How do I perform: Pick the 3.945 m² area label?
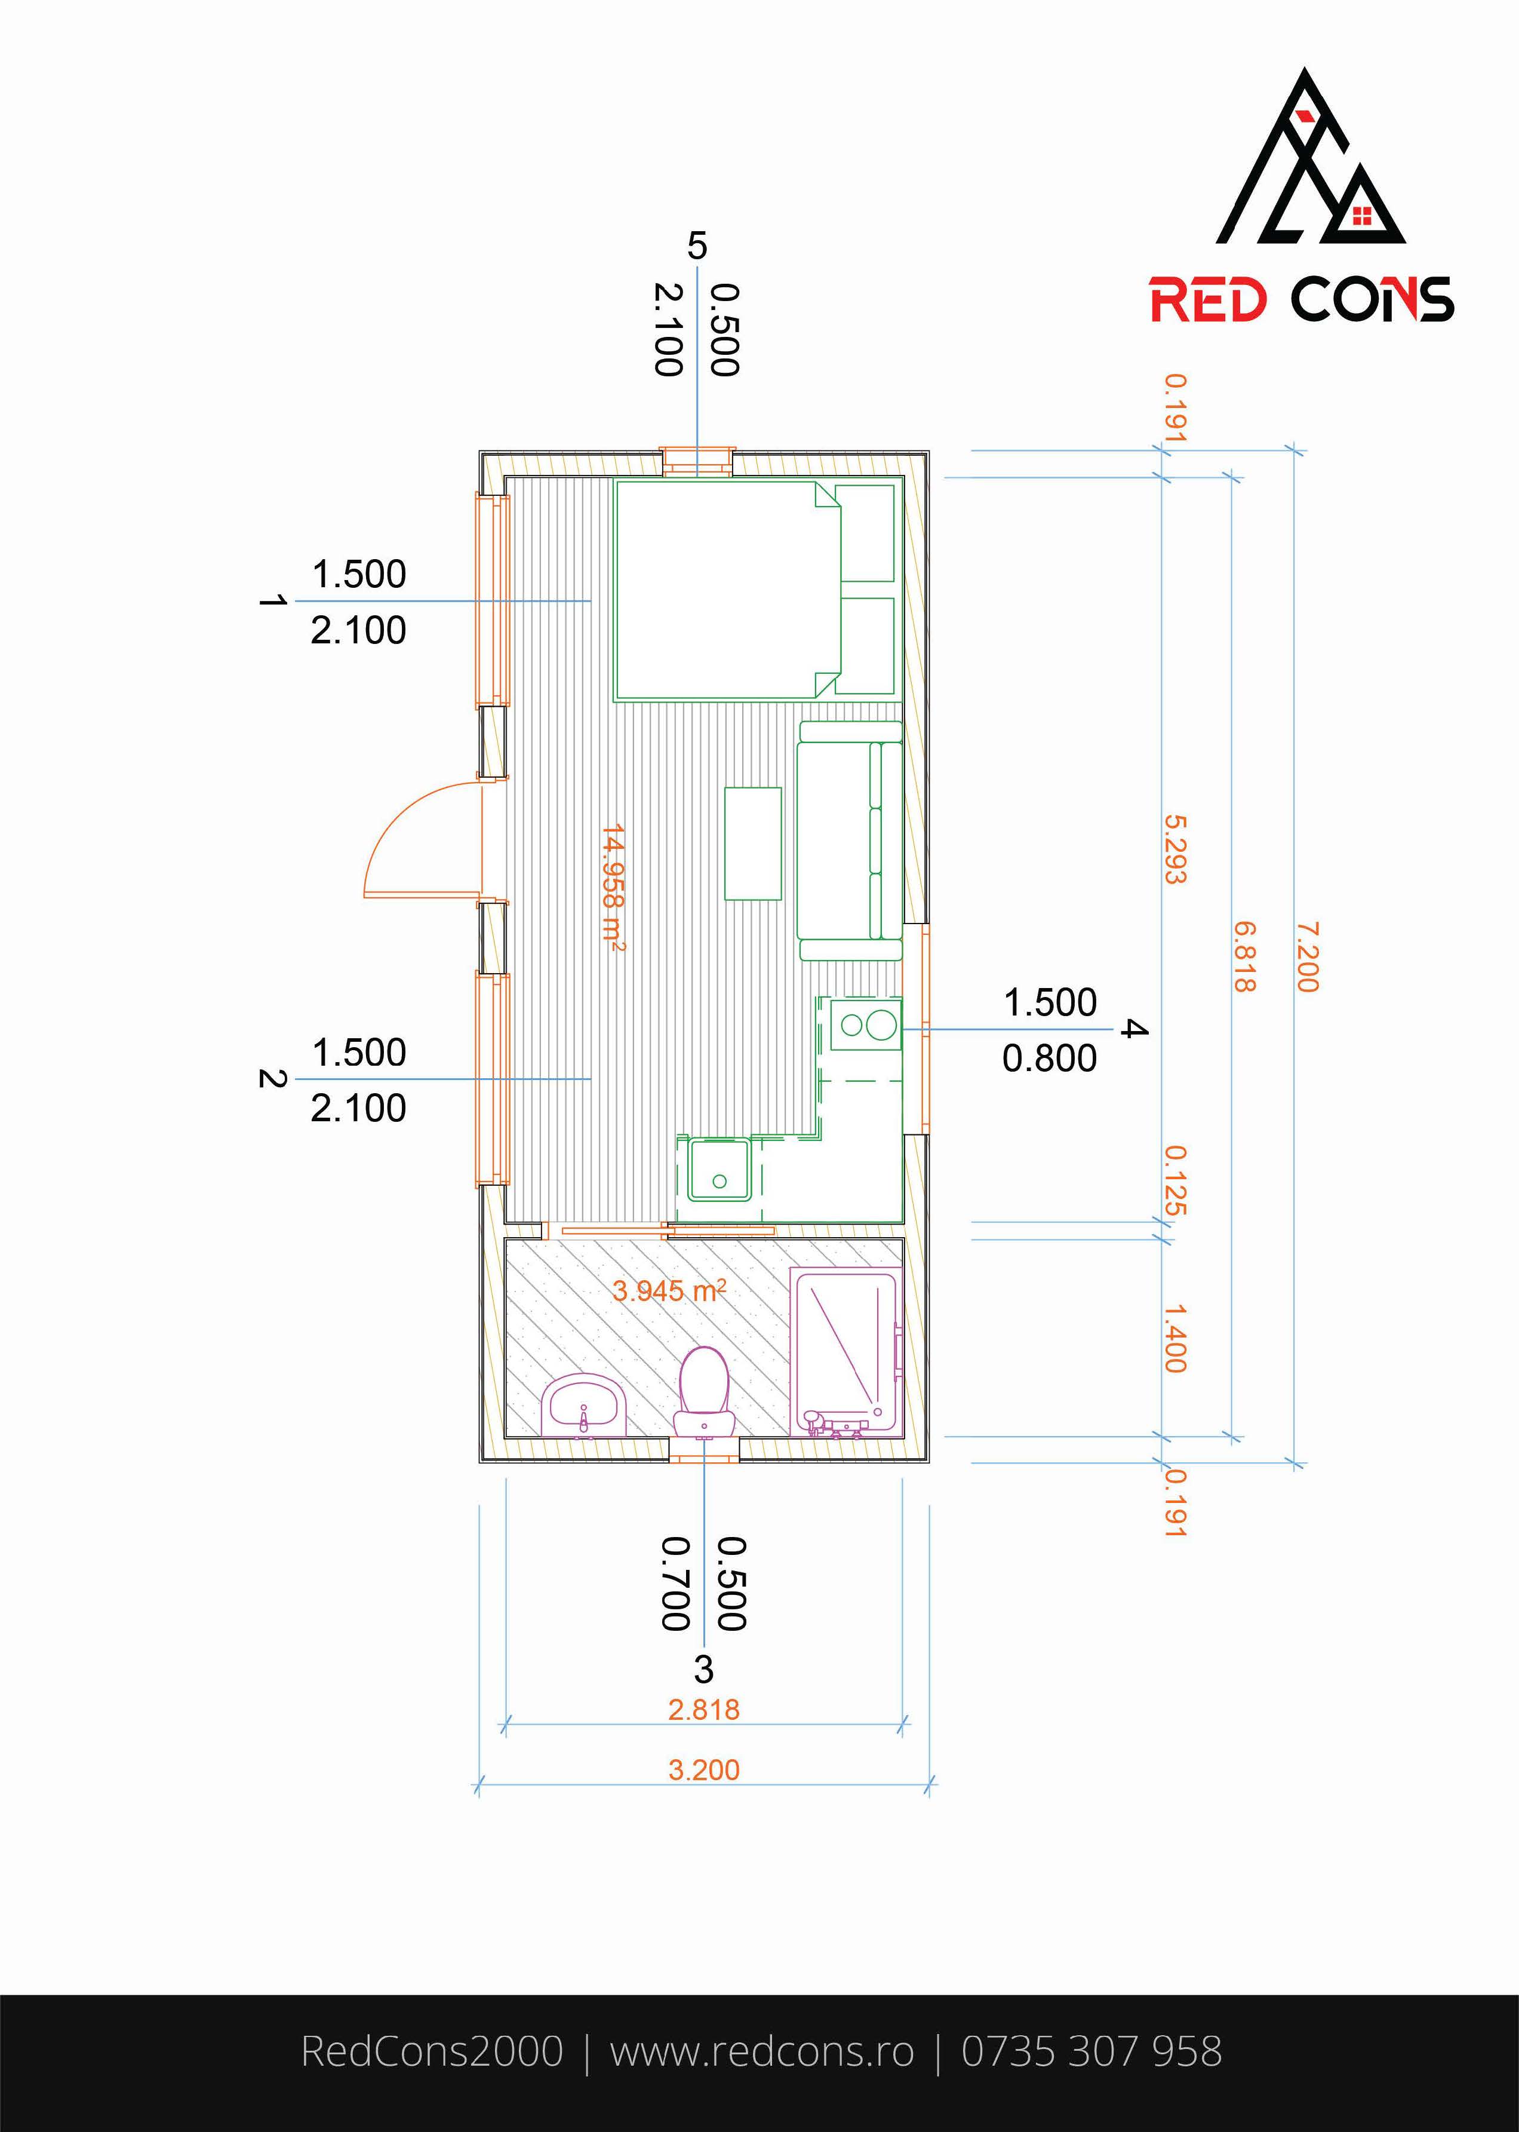tap(669, 1291)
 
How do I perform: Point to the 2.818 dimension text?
tap(703, 1709)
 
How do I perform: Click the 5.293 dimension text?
tap(1175, 848)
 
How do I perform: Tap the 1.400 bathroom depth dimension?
tap(1175, 1338)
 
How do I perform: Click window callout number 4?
tap(1133, 1029)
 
